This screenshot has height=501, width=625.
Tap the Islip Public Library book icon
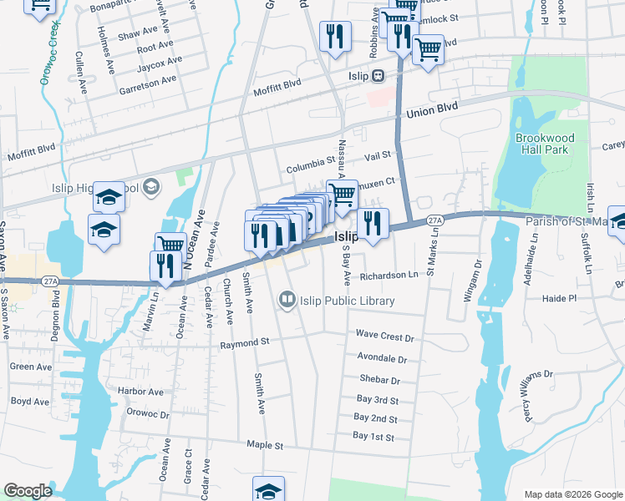pos(287,299)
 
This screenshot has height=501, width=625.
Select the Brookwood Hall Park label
pos(541,143)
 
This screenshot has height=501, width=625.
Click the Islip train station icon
pos(378,75)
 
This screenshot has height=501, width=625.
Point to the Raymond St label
pos(244,342)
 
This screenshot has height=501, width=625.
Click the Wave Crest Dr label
pos(385,337)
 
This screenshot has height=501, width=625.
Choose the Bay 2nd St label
pos(375,418)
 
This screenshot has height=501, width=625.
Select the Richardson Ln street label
pos(389,275)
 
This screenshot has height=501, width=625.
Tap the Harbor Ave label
pos(140,391)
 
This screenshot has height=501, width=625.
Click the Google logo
pos(28,491)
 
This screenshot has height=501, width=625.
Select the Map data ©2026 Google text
pos(572,494)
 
